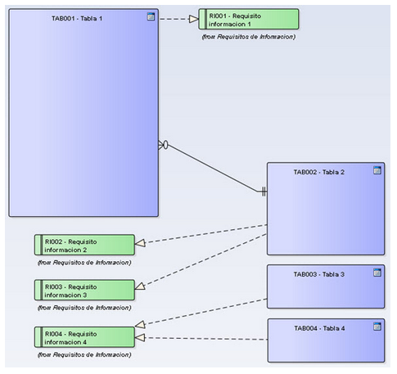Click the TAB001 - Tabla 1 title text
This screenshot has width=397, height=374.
click(77, 19)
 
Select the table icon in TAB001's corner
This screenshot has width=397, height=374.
click(151, 16)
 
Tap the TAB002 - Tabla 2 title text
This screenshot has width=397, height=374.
click(318, 172)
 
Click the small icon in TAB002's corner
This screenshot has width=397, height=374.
click(377, 170)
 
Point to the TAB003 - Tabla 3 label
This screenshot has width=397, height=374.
click(318, 274)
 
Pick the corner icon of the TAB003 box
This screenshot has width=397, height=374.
click(377, 272)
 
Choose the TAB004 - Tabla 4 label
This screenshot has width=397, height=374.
click(319, 328)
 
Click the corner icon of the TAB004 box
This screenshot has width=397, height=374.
click(377, 326)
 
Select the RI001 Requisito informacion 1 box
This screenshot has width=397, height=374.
click(249, 19)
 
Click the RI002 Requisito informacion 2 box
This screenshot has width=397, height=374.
click(84, 245)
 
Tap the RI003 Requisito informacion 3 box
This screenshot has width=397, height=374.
click(84, 290)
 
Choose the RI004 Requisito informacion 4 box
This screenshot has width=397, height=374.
click(84, 337)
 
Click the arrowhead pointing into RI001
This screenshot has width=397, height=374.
click(194, 19)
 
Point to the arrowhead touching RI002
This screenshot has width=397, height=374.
click(140, 243)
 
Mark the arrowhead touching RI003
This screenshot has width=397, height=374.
click(140, 286)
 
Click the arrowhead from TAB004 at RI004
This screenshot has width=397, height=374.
click(140, 337)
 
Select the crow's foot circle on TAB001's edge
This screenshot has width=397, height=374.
click(165, 145)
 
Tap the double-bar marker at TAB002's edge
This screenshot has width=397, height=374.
click(264, 192)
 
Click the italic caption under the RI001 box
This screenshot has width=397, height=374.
click(249, 37)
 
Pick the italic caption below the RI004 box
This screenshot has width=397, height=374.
click(84, 354)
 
